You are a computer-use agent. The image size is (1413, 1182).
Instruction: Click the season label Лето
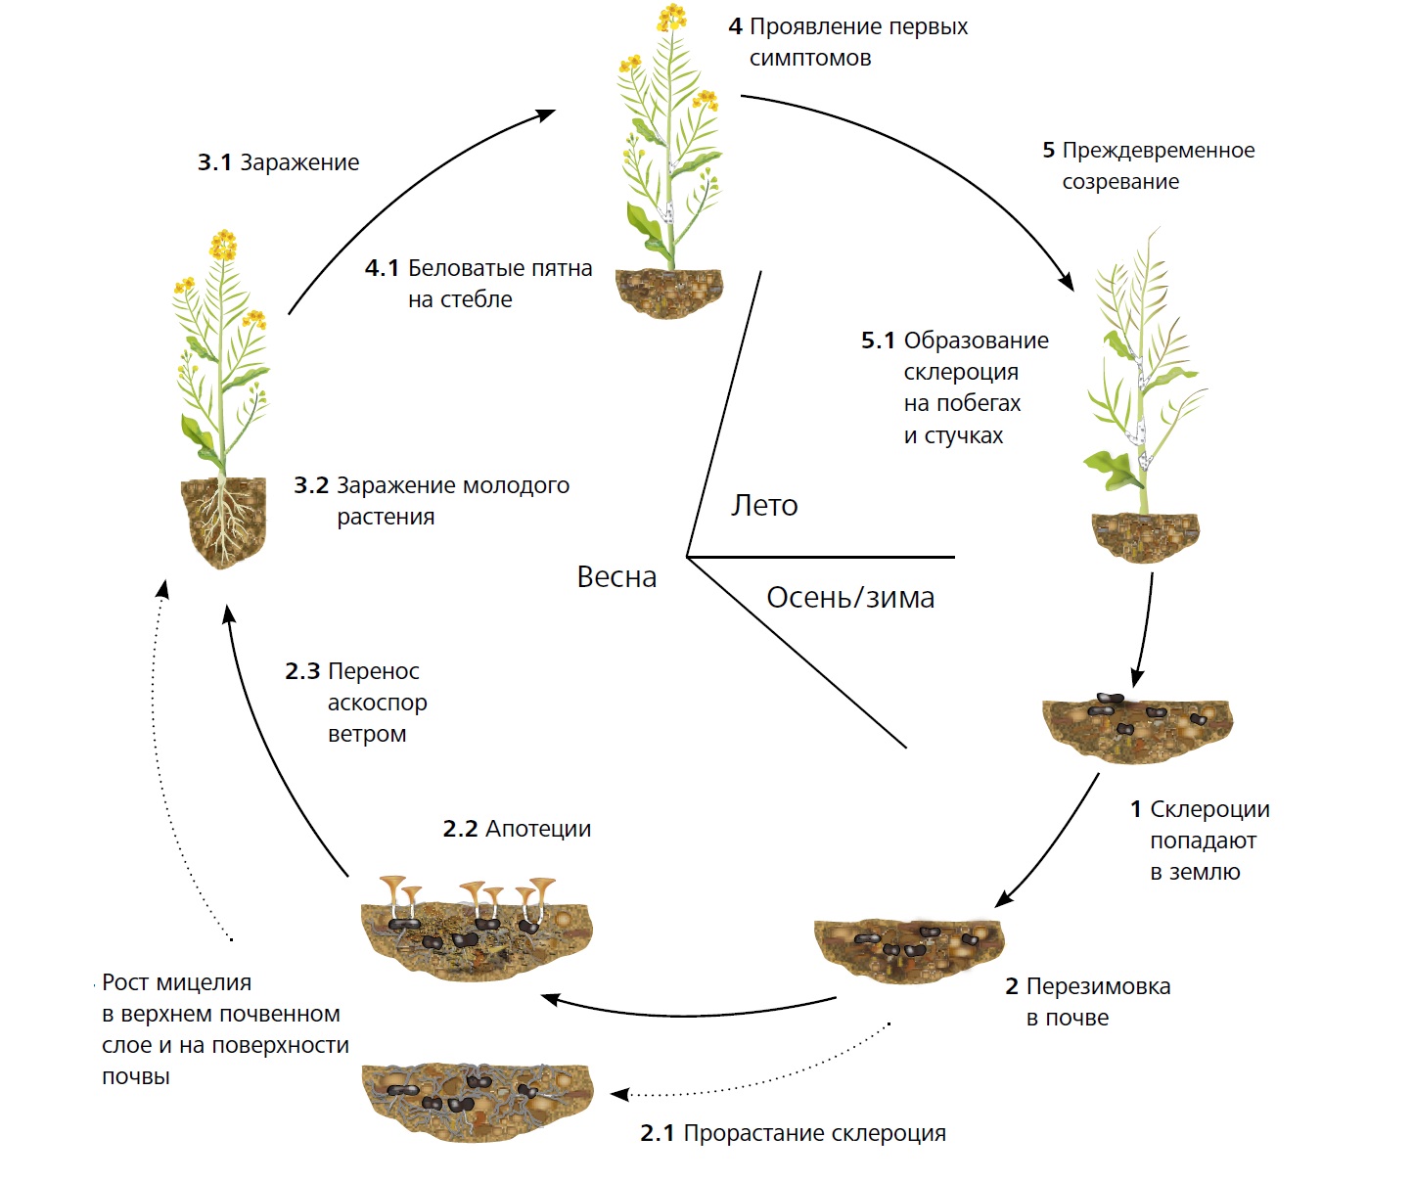coord(764,505)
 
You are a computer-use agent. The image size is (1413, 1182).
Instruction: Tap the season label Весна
coord(616,577)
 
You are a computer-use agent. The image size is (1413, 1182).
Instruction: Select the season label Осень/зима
coord(850,597)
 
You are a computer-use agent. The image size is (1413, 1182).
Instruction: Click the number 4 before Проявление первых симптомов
coord(736,27)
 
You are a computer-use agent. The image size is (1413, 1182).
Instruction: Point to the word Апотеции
coord(538,829)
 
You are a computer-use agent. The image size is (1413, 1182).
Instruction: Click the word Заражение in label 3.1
coord(299,162)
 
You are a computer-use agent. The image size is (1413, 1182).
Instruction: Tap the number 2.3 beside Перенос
coord(302,671)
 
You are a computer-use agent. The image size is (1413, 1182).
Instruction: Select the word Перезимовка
coord(1098,986)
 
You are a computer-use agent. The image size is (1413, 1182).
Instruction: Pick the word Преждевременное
coord(1159,151)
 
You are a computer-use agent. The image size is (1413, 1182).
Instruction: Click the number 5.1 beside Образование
coord(878,341)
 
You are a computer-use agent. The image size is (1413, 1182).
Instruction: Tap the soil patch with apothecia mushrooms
coord(477,934)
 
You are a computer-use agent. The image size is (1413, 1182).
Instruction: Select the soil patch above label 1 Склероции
coord(1137,728)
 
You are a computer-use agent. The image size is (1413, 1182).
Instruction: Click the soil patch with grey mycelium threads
coord(477,1099)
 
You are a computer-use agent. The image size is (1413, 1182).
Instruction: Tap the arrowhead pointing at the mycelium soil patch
coord(618,1094)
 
